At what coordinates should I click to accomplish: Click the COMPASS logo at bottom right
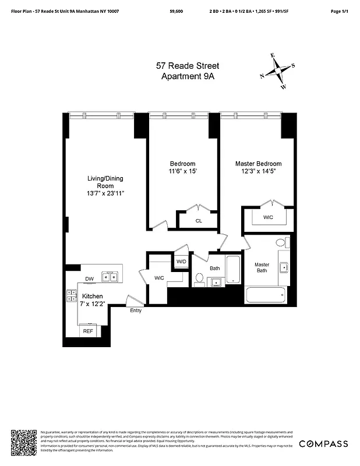click(x=323, y=444)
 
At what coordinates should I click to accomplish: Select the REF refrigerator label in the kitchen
click(x=88, y=331)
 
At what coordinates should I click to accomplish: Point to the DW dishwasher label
click(x=89, y=278)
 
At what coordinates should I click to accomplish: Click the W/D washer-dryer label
click(x=181, y=262)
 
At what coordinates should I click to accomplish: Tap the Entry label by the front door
click(x=136, y=310)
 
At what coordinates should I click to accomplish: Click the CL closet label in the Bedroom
click(x=199, y=221)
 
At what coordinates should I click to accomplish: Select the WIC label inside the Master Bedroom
click(x=268, y=217)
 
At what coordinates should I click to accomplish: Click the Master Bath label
click(x=262, y=268)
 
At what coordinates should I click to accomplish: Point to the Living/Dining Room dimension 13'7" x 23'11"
click(x=105, y=193)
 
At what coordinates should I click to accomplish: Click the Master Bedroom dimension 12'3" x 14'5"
click(x=258, y=172)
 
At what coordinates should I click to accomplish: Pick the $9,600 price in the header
click(x=176, y=11)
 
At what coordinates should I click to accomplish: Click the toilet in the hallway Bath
click(x=199, y=279)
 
